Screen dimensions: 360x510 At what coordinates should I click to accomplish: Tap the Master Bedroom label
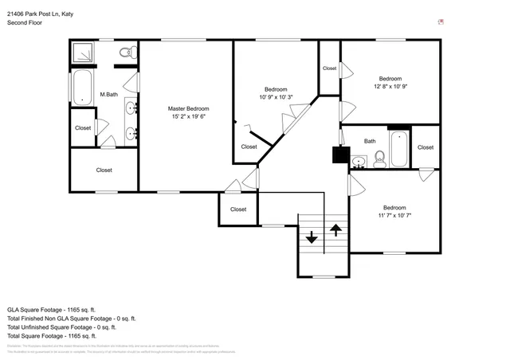click(188, 108)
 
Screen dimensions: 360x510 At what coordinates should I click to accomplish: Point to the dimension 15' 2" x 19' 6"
click(188, 116)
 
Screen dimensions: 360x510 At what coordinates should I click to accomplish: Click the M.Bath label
click(108, 96)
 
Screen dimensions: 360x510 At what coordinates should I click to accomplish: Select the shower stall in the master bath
click(83, 53)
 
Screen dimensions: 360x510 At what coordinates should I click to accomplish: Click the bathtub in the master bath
click(82, 88)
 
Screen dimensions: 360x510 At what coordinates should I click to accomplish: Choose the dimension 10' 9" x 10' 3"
click(276, 97)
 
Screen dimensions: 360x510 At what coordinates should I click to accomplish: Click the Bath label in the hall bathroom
click(370, 141)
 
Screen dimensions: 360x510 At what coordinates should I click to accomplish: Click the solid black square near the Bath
click(340, 155)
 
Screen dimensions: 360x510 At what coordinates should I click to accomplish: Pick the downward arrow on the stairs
click(311, 237)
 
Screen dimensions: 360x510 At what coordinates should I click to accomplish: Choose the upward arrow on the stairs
click(336, 231)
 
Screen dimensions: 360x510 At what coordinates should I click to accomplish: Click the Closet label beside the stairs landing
click(238, 209)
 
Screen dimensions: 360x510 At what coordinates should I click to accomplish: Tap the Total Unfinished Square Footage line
click(61, 327)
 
